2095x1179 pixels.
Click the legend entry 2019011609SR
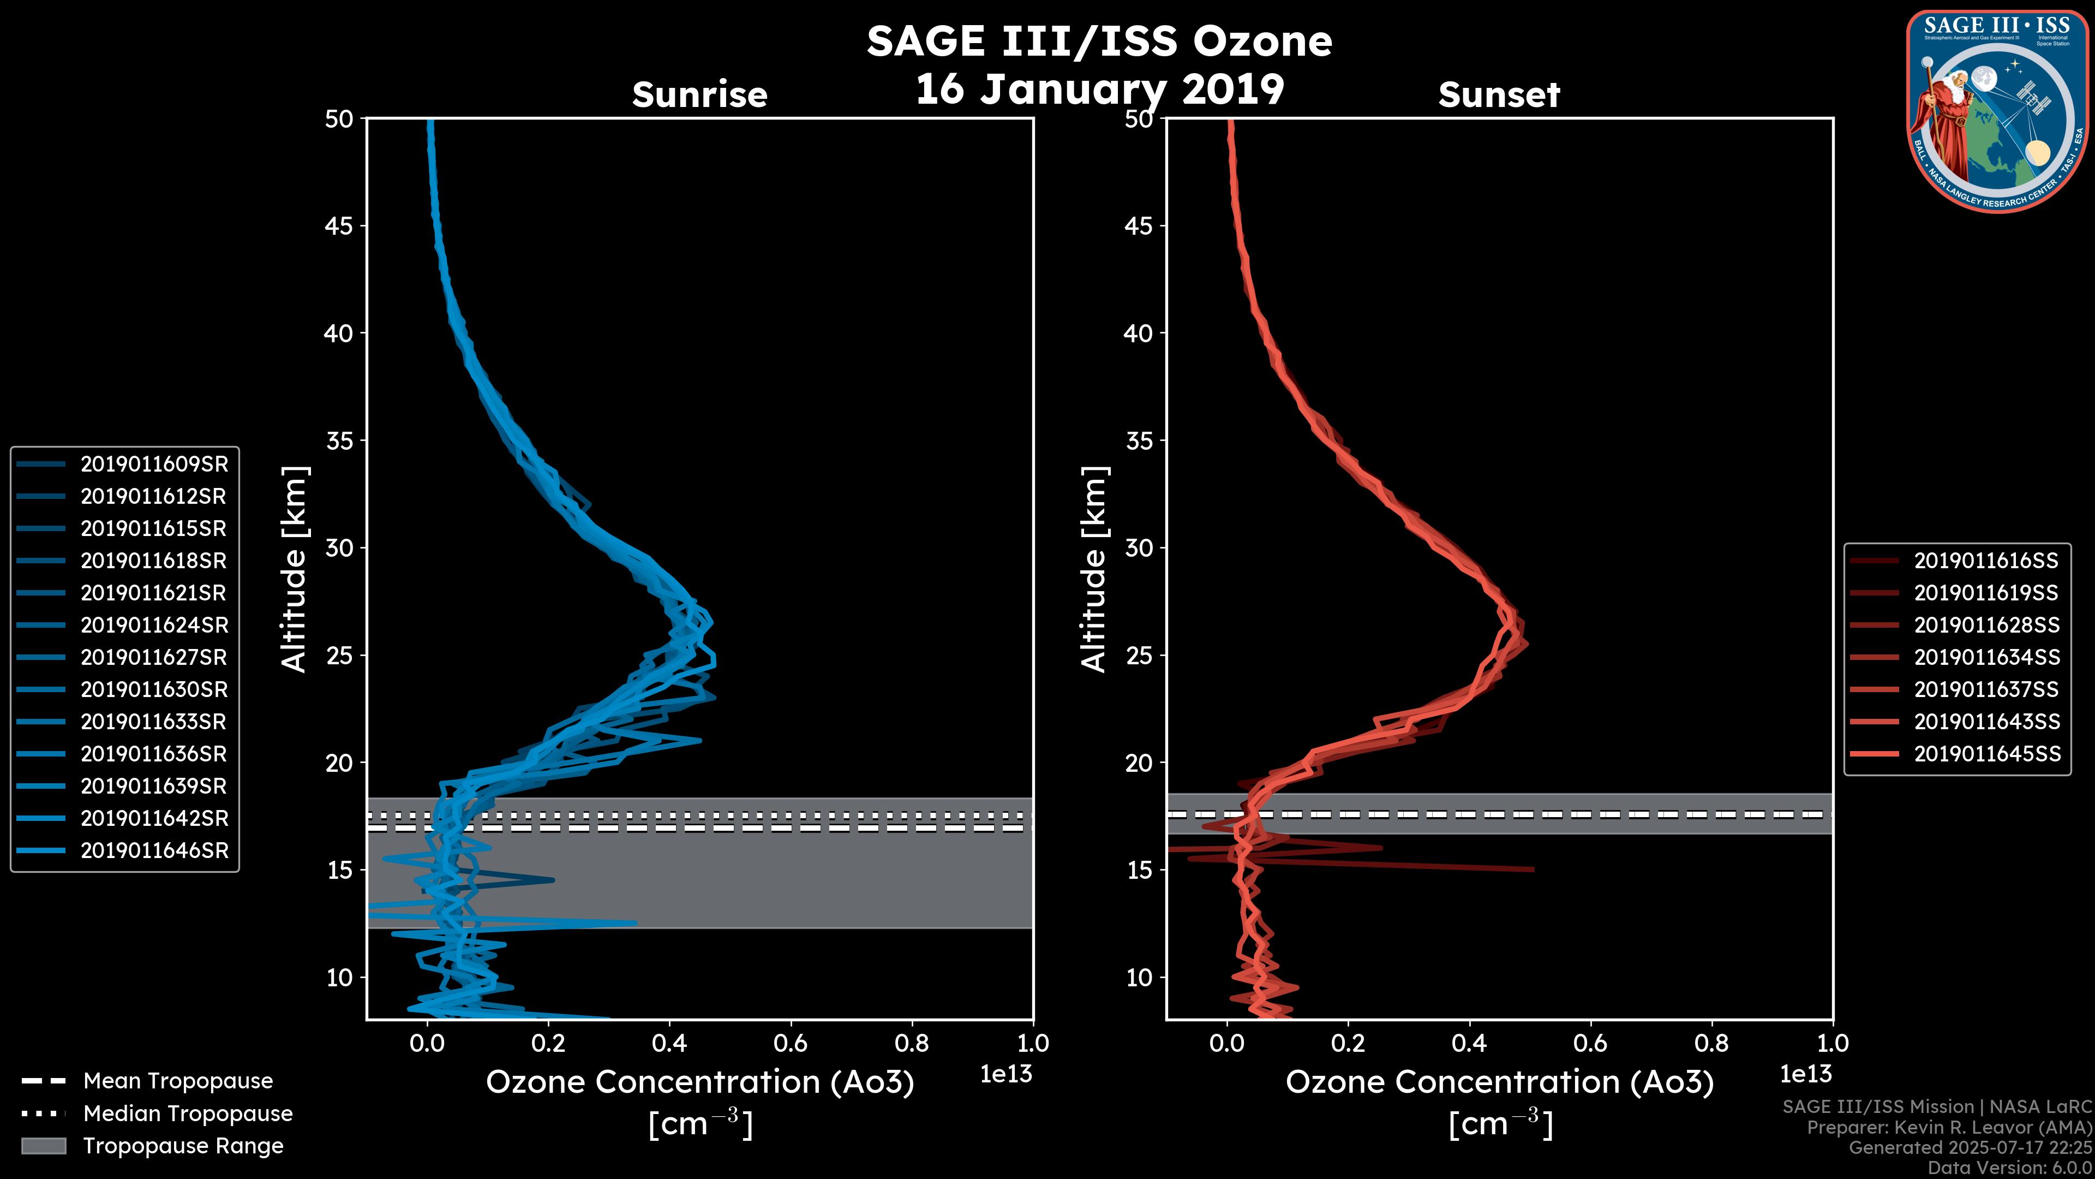pos(154,464)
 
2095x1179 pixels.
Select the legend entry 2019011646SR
pos(154,850)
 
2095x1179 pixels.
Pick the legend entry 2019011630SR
pos(154,689)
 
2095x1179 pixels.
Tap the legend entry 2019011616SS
pos(1985,561)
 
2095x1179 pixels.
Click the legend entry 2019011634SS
pos(1986,657)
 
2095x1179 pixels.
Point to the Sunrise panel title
pos(699,95)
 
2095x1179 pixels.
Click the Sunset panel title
pos(1499,95)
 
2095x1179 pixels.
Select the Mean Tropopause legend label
pos(178,1081)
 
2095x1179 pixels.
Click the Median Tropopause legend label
pos(188,1113)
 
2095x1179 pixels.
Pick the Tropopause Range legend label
pos(183,1146)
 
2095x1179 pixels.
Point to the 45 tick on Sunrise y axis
pos(340,225)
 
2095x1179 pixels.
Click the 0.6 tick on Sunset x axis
pos(1590,1043)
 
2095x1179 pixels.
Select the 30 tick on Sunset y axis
pos(1139,547)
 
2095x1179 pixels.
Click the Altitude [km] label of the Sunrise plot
pos(295,569)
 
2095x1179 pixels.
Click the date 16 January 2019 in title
pos(1099,90)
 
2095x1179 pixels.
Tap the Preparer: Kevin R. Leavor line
pos(1949,1128)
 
